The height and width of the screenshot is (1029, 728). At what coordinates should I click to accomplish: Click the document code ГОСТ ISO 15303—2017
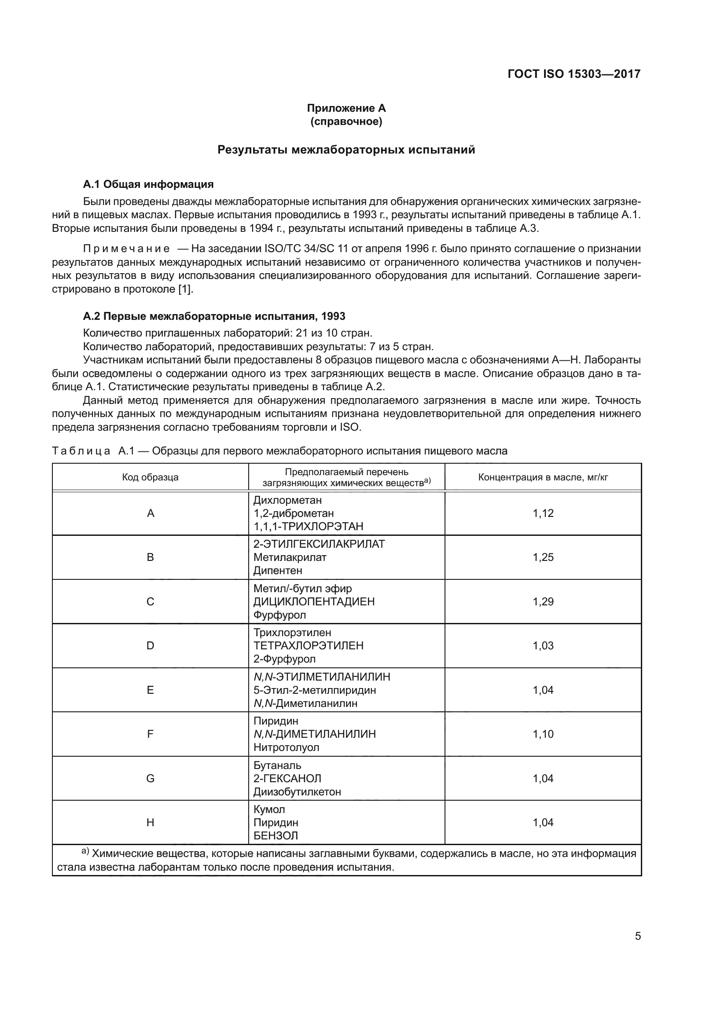click(574, 74)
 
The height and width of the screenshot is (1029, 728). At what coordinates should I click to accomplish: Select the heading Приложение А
click(346, 108)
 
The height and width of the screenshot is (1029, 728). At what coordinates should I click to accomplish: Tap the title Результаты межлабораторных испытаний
click(346, 150)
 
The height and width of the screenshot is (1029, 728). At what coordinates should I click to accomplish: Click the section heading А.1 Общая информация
click(148, 184)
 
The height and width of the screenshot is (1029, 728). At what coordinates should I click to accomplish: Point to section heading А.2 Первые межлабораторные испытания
click(214, 316)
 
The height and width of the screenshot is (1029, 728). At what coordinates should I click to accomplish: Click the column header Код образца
click(150, 477)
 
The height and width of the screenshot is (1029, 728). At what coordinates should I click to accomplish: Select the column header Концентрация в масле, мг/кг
click(543, 477)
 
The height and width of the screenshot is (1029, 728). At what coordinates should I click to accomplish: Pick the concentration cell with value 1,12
click(543, 513)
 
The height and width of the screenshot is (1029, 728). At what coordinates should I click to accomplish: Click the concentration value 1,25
click(543, 557)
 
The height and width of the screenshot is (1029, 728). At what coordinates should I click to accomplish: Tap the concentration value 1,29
click(543, 601)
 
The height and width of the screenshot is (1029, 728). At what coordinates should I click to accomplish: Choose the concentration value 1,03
click(543, 645)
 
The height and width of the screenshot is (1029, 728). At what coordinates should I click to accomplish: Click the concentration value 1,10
click(543, 734)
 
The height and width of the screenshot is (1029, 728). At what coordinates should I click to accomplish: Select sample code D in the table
click(150, 645)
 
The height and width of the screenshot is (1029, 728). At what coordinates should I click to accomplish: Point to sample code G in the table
click(150, 778)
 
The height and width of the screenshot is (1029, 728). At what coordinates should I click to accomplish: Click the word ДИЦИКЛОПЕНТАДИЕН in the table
click(314, 601)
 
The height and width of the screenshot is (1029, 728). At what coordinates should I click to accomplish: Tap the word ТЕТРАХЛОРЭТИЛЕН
click(309, 645)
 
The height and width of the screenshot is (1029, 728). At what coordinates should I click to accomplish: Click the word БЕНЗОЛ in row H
click(276, 835)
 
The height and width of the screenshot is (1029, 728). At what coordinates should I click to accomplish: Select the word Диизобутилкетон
click(297, 791)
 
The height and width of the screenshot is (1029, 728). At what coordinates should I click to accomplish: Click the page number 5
click(637, 936)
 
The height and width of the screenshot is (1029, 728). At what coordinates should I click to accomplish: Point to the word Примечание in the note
click(126, 249)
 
